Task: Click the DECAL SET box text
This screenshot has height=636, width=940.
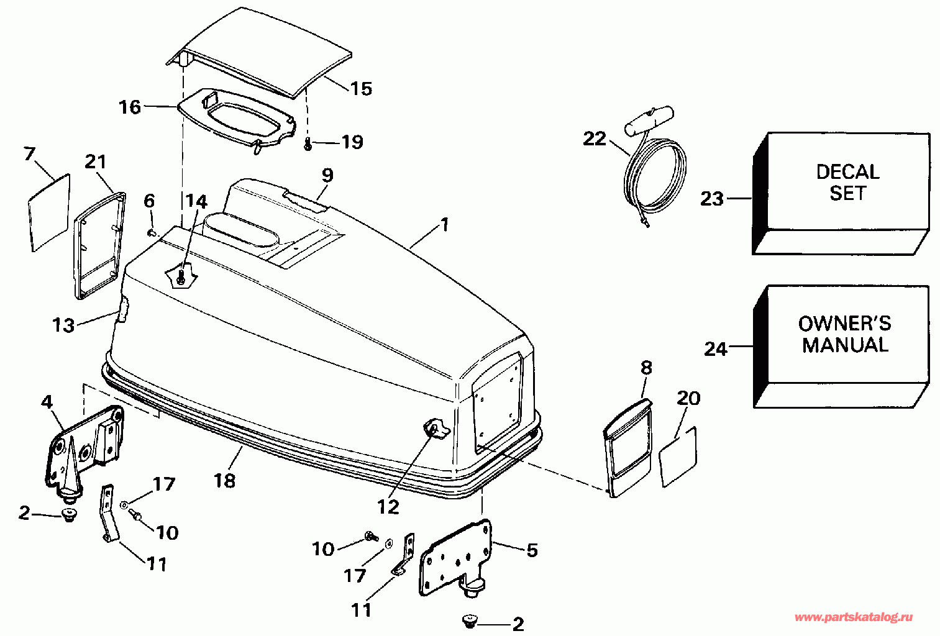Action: click(847, 183)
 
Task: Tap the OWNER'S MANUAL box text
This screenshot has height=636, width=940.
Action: click(845, 334)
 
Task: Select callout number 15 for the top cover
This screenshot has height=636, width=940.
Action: click(361, 89)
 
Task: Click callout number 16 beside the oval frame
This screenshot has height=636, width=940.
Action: click(130, 107)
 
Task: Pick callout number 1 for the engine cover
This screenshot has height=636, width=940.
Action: click(444, 224)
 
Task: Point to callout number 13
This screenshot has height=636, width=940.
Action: click(63, 325)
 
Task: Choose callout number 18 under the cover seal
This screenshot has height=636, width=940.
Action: click(225, 480)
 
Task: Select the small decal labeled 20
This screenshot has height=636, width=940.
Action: click(678, 457)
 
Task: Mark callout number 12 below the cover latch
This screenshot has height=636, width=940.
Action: click(388, 507)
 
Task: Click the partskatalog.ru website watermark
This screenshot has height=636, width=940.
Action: click(854, 617)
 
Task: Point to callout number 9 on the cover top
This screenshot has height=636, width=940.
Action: click(327, 176)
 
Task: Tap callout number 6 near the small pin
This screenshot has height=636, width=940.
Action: click(149, 201)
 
